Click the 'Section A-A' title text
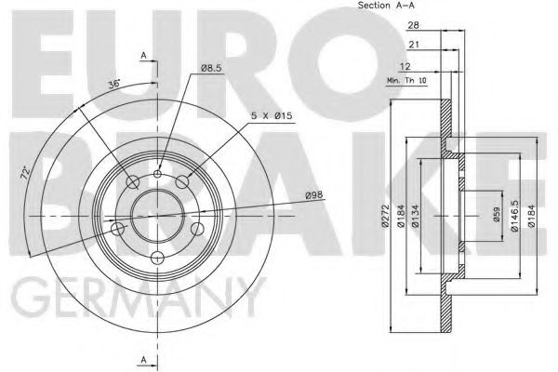[386, 5]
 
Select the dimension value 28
[413, 25]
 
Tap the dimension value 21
[414, 45]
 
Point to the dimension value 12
[405, 67]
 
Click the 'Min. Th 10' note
[406, 81]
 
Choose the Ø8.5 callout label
[211, 68]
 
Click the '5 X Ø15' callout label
[272, 115]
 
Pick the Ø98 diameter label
[314, 195]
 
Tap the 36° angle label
[114, 84]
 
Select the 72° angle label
[25, 173]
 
